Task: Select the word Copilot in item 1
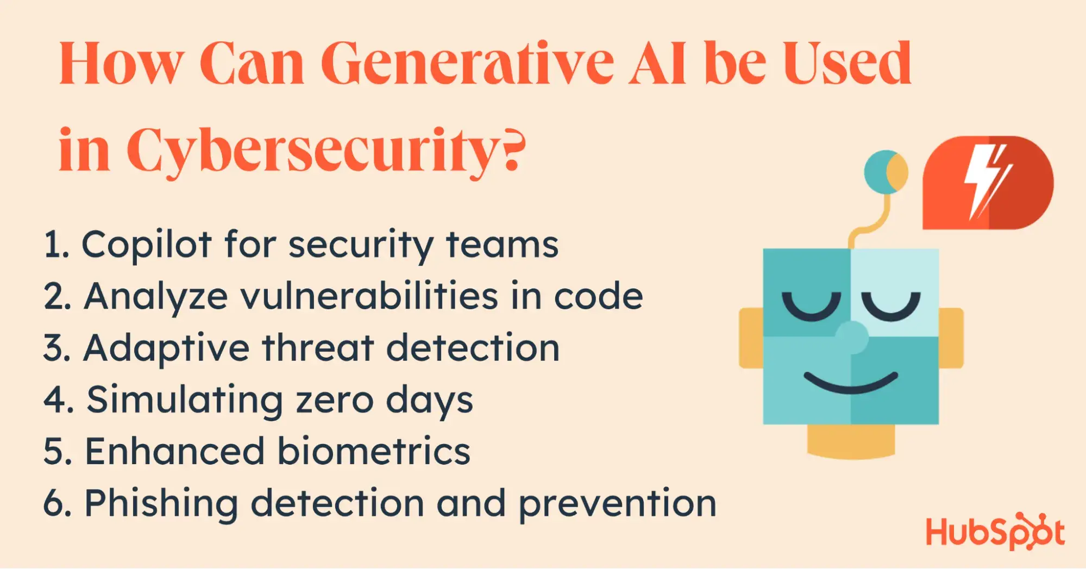point(146,245)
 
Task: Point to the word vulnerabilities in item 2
point(369,296)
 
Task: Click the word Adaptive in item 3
point(166,348)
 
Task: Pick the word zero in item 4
point(335,400)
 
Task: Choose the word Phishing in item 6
point(161,504)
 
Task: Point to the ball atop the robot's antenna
point(886,172)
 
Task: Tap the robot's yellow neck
point(851,441)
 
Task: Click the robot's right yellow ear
point(951,337)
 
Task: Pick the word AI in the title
point(658,64)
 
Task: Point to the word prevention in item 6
point(618,504)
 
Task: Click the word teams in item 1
point(502,245)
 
